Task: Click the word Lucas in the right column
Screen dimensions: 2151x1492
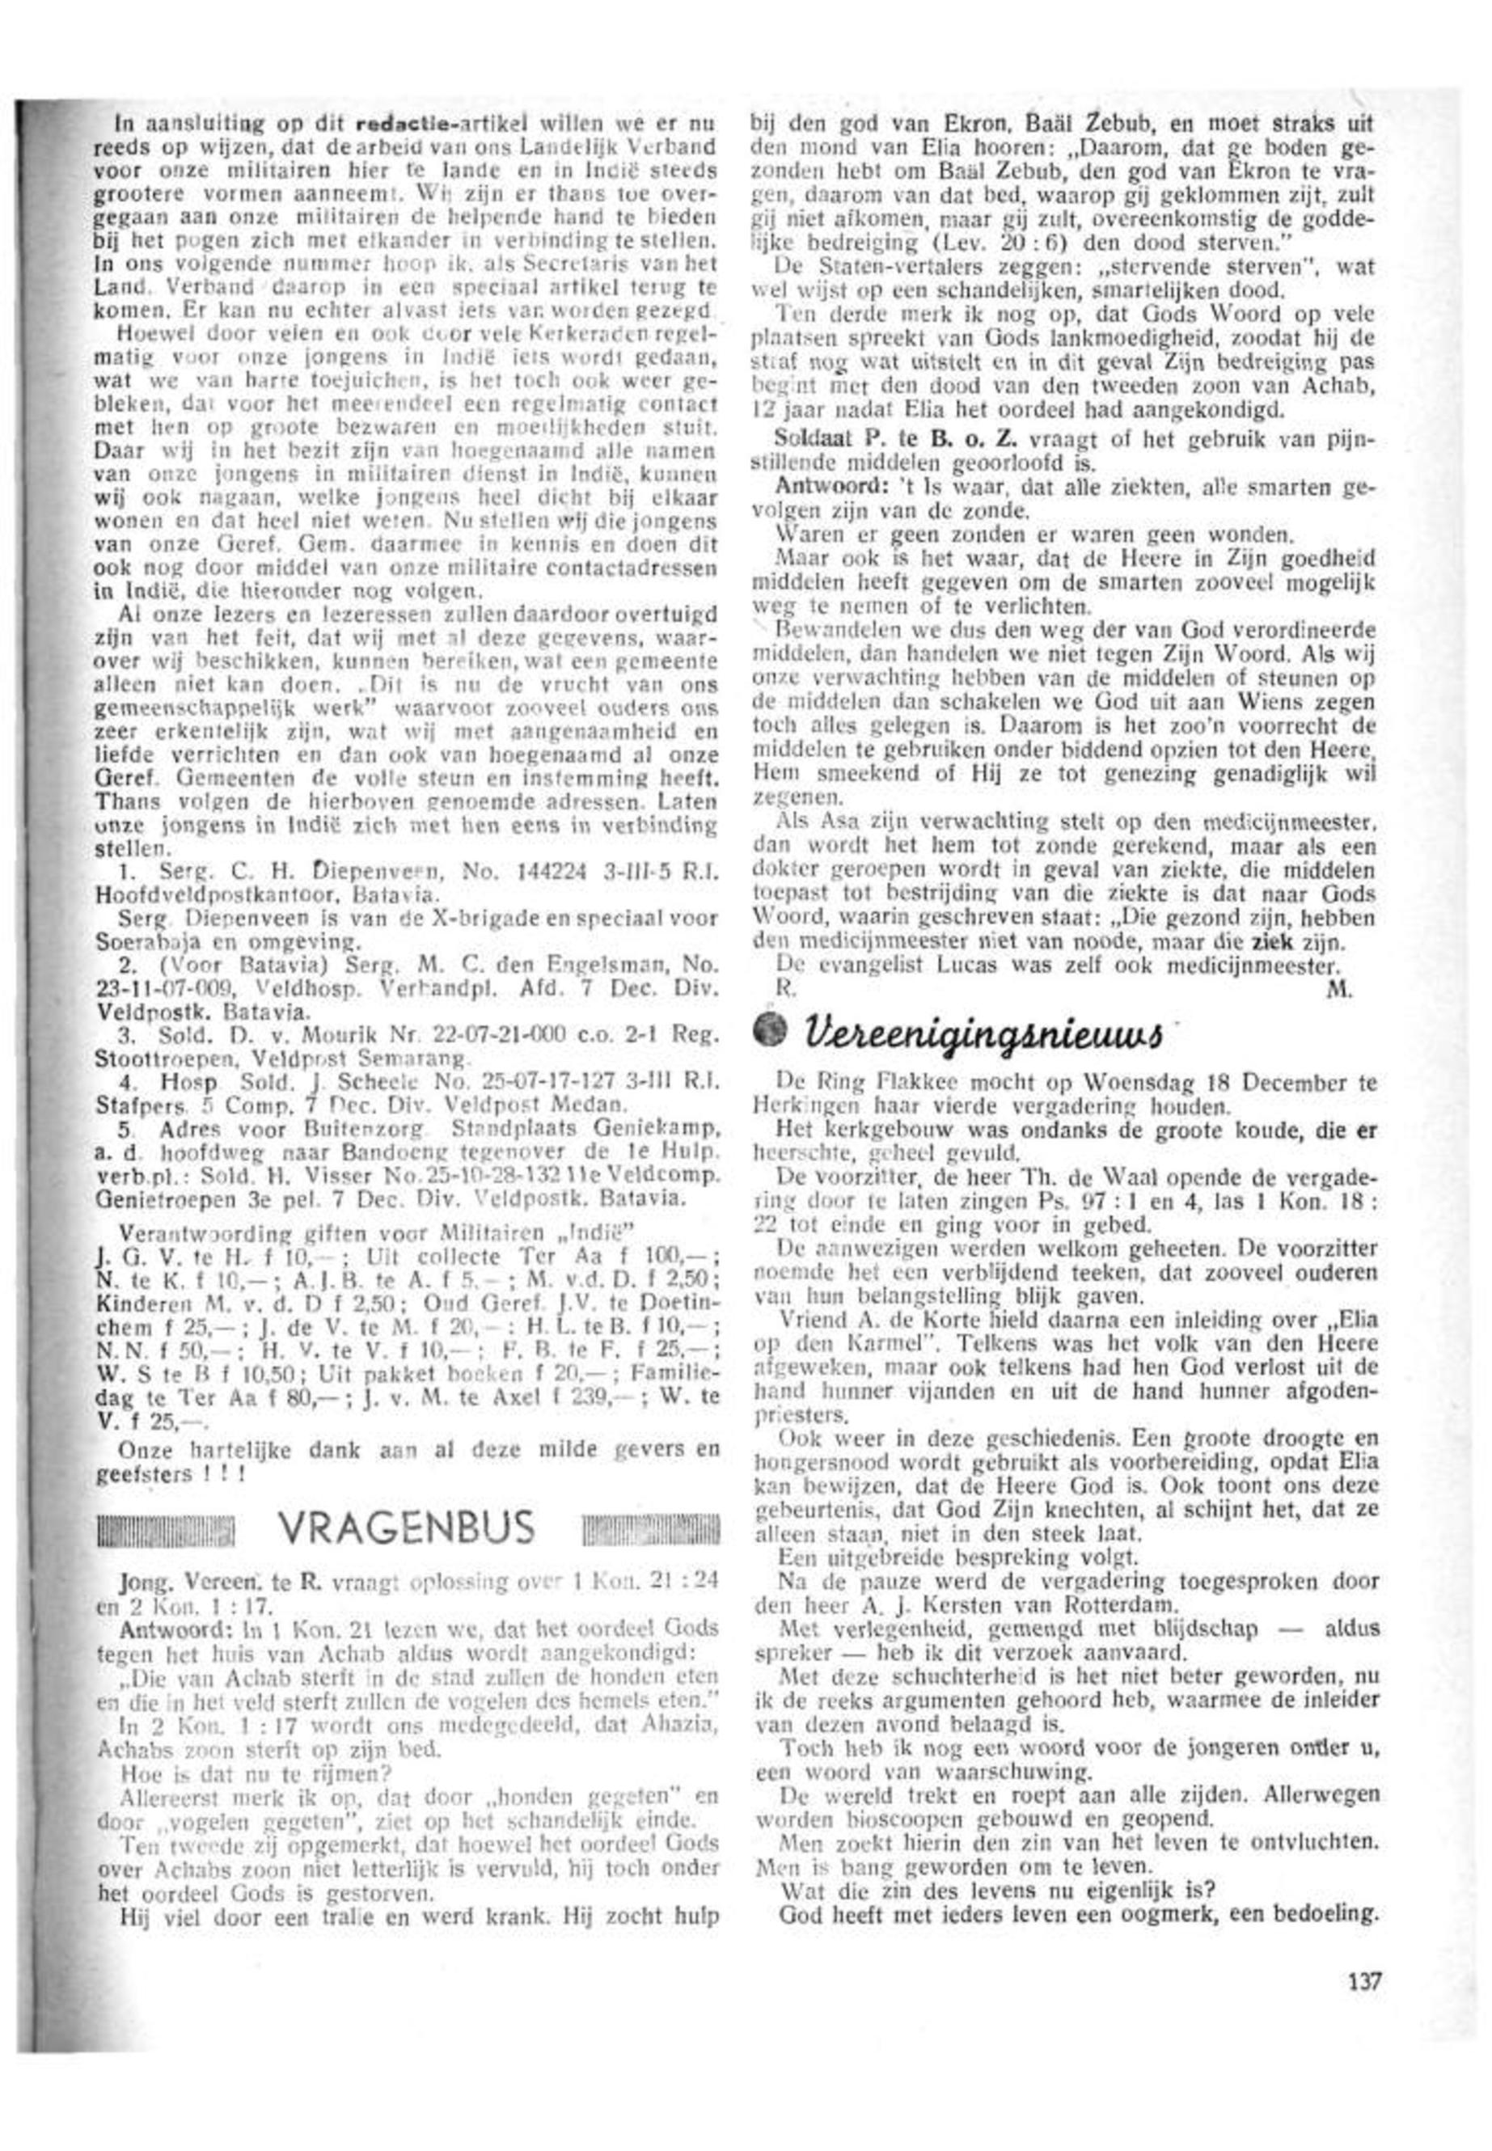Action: click(945, 964)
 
